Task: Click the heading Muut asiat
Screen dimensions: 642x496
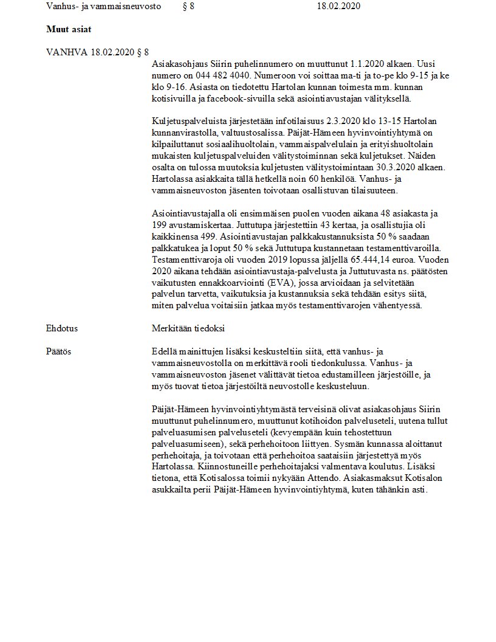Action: point(69,29)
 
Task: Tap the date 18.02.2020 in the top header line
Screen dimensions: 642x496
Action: point(339,6)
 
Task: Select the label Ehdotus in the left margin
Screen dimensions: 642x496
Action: point(62,328)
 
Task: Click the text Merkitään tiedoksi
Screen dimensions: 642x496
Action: point(188,328)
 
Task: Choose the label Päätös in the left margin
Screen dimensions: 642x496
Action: point(59,351)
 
